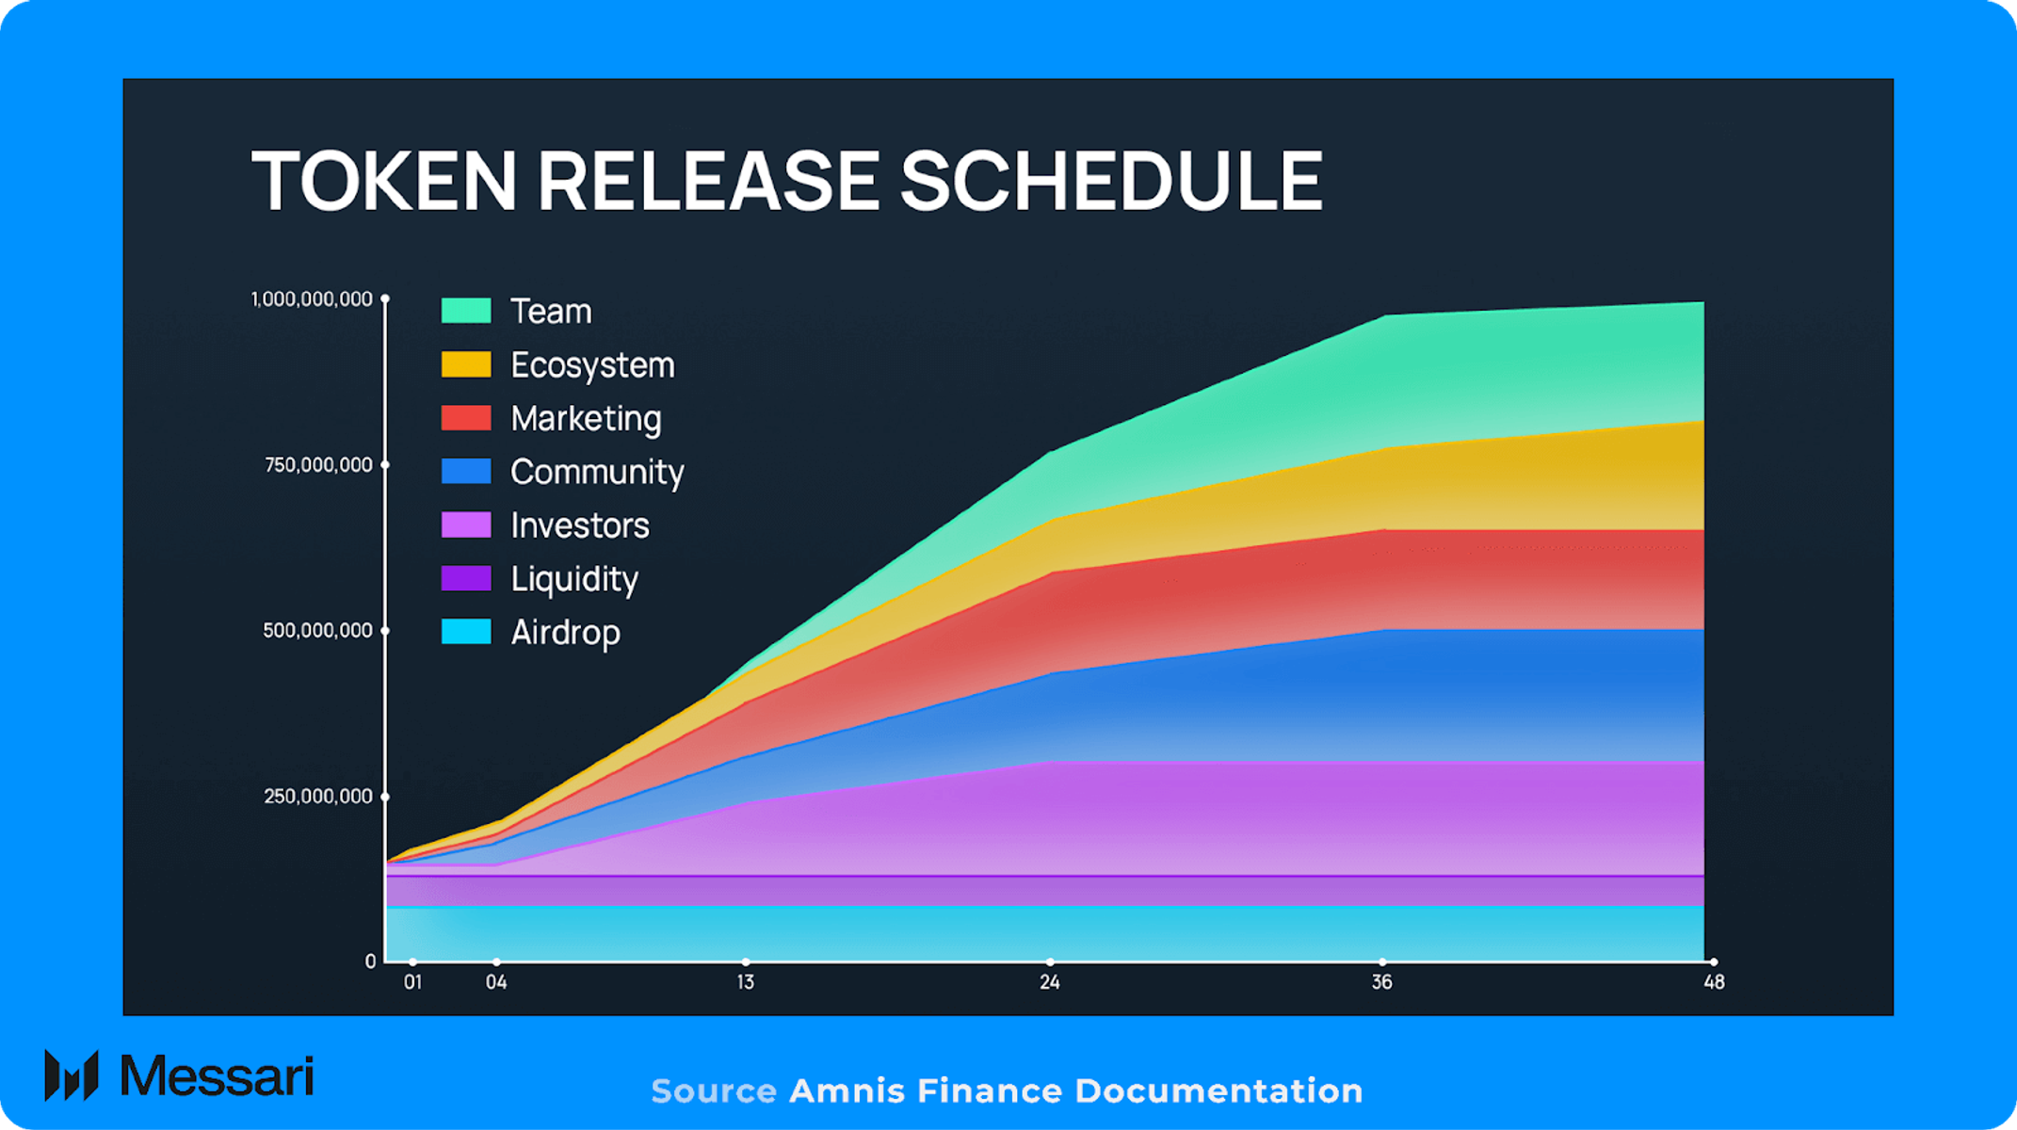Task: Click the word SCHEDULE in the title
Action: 1111,181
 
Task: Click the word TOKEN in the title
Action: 384,181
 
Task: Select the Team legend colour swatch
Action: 466,311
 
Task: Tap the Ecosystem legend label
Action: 592,365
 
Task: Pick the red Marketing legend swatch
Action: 466,418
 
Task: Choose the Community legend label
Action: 597,472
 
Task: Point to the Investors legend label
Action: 580,525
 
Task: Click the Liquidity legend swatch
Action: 466,578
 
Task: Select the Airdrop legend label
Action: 565,632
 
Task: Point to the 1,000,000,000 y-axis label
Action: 312,299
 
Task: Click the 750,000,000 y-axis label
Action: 318,465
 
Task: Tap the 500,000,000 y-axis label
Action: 317,631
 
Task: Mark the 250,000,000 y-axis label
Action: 318,797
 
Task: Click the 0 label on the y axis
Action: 370,961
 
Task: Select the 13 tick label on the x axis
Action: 745,983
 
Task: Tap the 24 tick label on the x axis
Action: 1050,983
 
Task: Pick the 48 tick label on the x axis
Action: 1714,983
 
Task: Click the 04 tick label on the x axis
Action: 496,983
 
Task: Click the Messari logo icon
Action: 72,1075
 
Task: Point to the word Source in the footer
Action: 714,1091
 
